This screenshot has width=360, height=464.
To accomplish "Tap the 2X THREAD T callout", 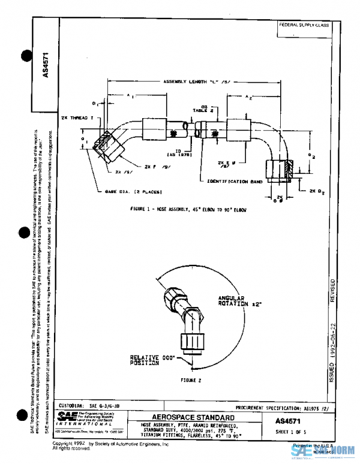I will (74, 118).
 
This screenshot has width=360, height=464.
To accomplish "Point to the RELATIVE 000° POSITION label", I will (145, 360).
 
